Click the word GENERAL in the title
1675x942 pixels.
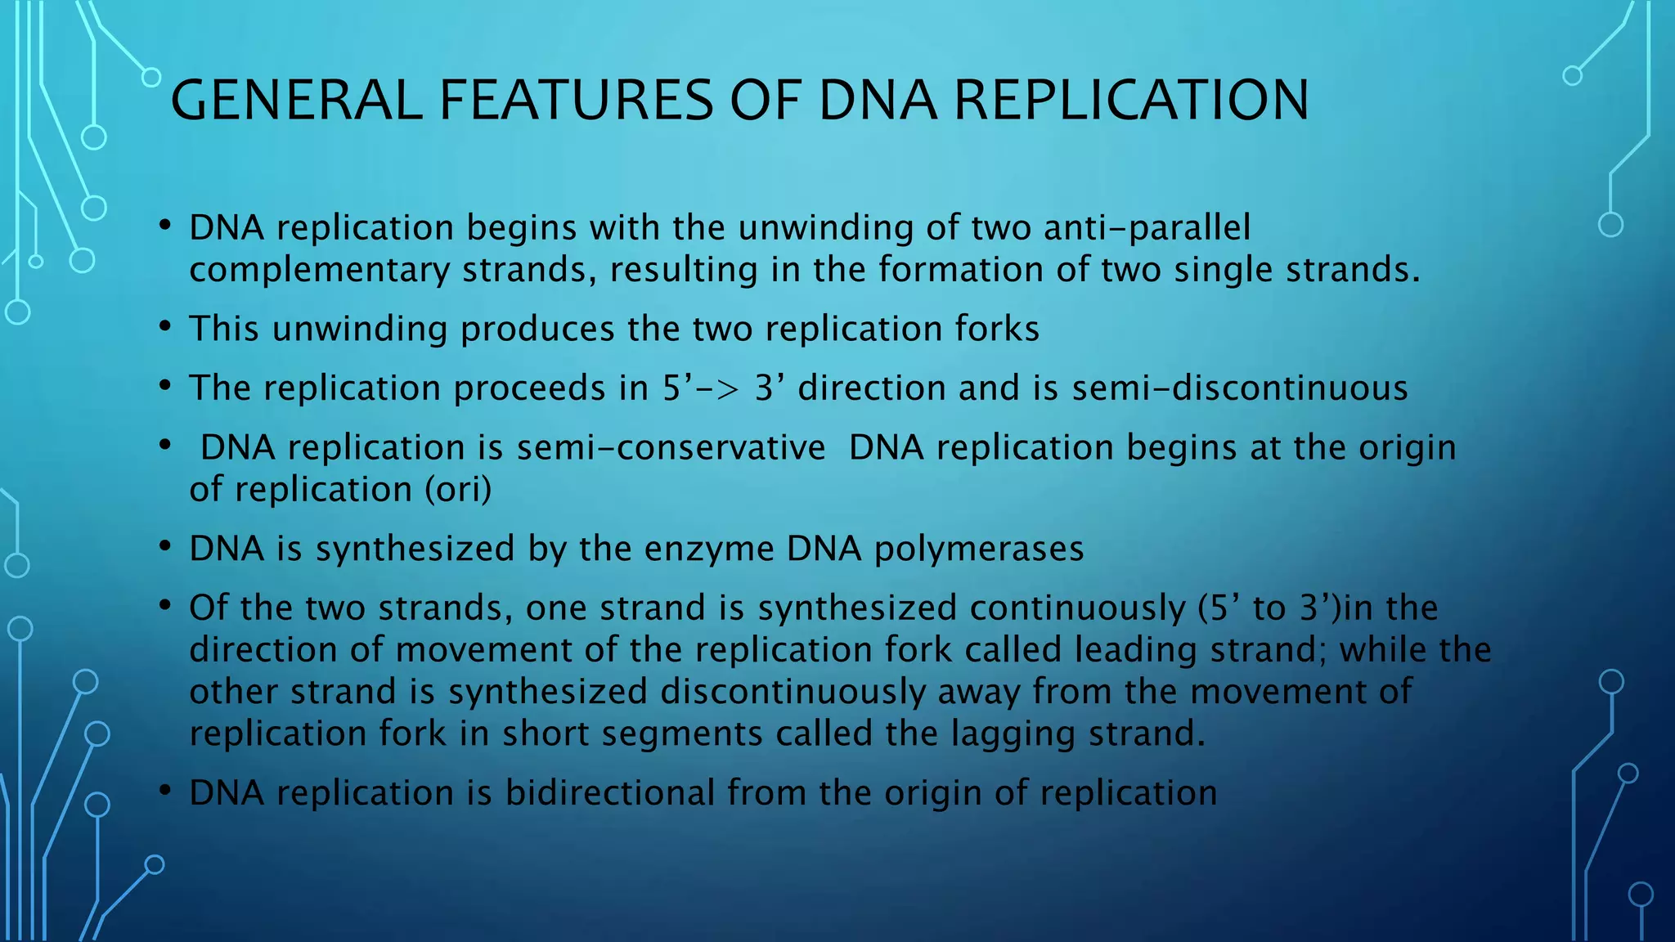295,101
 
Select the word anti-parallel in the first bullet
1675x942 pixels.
1147,228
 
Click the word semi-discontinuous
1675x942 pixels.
1240,388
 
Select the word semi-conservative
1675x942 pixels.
671,448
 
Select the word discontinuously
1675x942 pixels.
793,692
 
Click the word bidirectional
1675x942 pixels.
610,793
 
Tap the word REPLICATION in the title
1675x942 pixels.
1131,101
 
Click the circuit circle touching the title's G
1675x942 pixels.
151,78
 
